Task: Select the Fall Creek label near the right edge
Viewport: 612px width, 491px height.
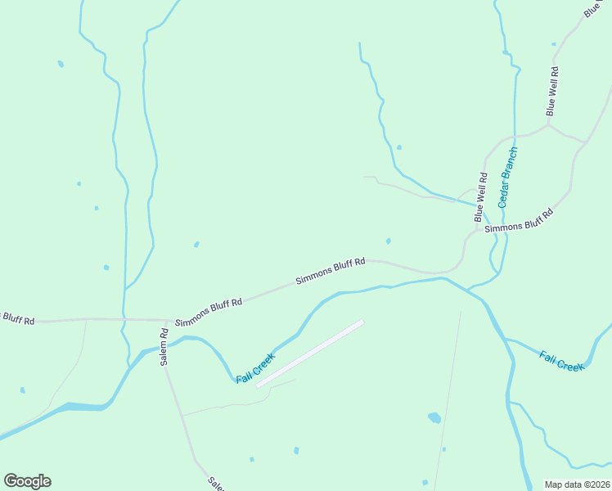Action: tap(561, 360)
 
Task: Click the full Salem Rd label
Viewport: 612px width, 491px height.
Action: tap(164, 346)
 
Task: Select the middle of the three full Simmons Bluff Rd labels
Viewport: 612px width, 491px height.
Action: tap(330, 272)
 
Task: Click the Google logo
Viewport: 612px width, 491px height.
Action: tap(27, 480)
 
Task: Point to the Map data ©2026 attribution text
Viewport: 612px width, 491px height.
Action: tap(577, 484)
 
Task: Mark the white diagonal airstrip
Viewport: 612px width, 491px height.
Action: tap(310, 354)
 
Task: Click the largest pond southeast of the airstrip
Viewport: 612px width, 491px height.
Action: tap(434, 417)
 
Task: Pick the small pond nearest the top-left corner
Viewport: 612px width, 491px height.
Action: tap(61, 64)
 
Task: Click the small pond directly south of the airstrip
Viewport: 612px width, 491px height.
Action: tap(296, 450)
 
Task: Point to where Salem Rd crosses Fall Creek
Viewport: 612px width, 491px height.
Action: tap(163, 347)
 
